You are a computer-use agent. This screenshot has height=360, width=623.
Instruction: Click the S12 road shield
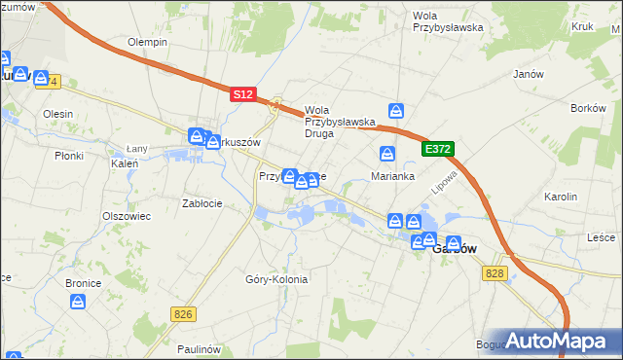pyautogui.click(x=243, y=94)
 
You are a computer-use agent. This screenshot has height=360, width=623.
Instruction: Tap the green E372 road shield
pyautogui.click(x=437, y=148)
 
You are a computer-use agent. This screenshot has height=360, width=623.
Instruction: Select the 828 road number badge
pyautogui.click(x=494, y=275)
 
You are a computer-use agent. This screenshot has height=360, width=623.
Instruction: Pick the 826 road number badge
pyautogui.click(x=182, y=313)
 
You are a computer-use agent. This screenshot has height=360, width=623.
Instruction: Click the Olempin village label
pyautogui.click(x=148, y=43)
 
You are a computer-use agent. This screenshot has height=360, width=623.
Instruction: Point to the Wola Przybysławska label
pyautogui.click(x=448, y=21)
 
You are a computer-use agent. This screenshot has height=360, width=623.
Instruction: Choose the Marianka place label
pyautogui.click(x=393, y=176)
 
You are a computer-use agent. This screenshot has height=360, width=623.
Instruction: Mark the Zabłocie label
pyautogui.click(x=202, y=203)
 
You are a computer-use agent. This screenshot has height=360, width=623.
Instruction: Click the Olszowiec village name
pyautogui.click(x=127, y=216)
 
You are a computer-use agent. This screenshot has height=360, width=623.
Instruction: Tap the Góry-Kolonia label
pyautogui.click(x=276, y=279)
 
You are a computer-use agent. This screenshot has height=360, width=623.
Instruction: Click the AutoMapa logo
pyautogui.click(x=559, y=341)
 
